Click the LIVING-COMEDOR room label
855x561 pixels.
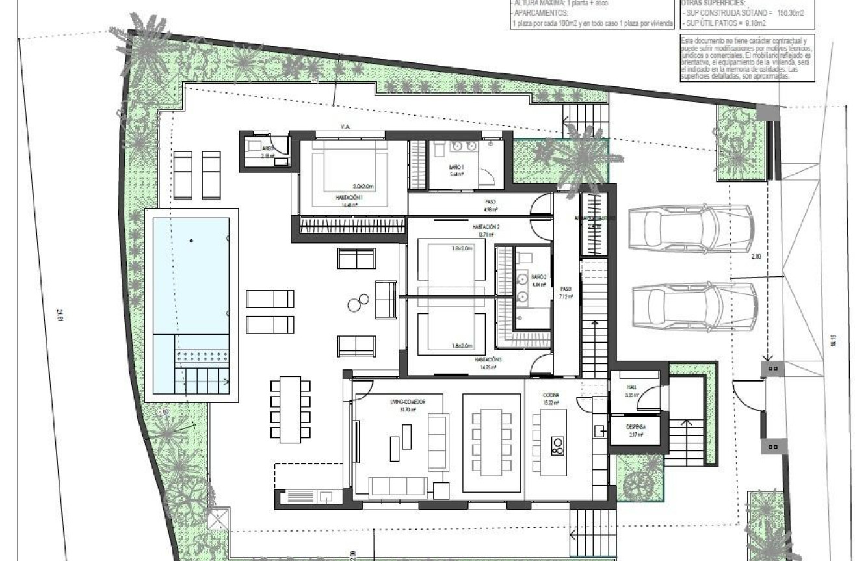coord(408,402)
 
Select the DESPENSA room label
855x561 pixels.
coord(636,427)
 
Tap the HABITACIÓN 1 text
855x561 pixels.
coord(349,198)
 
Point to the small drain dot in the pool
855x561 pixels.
coord(191,241)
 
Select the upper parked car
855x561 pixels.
coord(691,227)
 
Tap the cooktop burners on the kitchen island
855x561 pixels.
coord(558,445)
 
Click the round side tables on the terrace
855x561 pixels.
coord(358,301)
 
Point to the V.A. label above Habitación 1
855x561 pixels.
coord(345,127)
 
